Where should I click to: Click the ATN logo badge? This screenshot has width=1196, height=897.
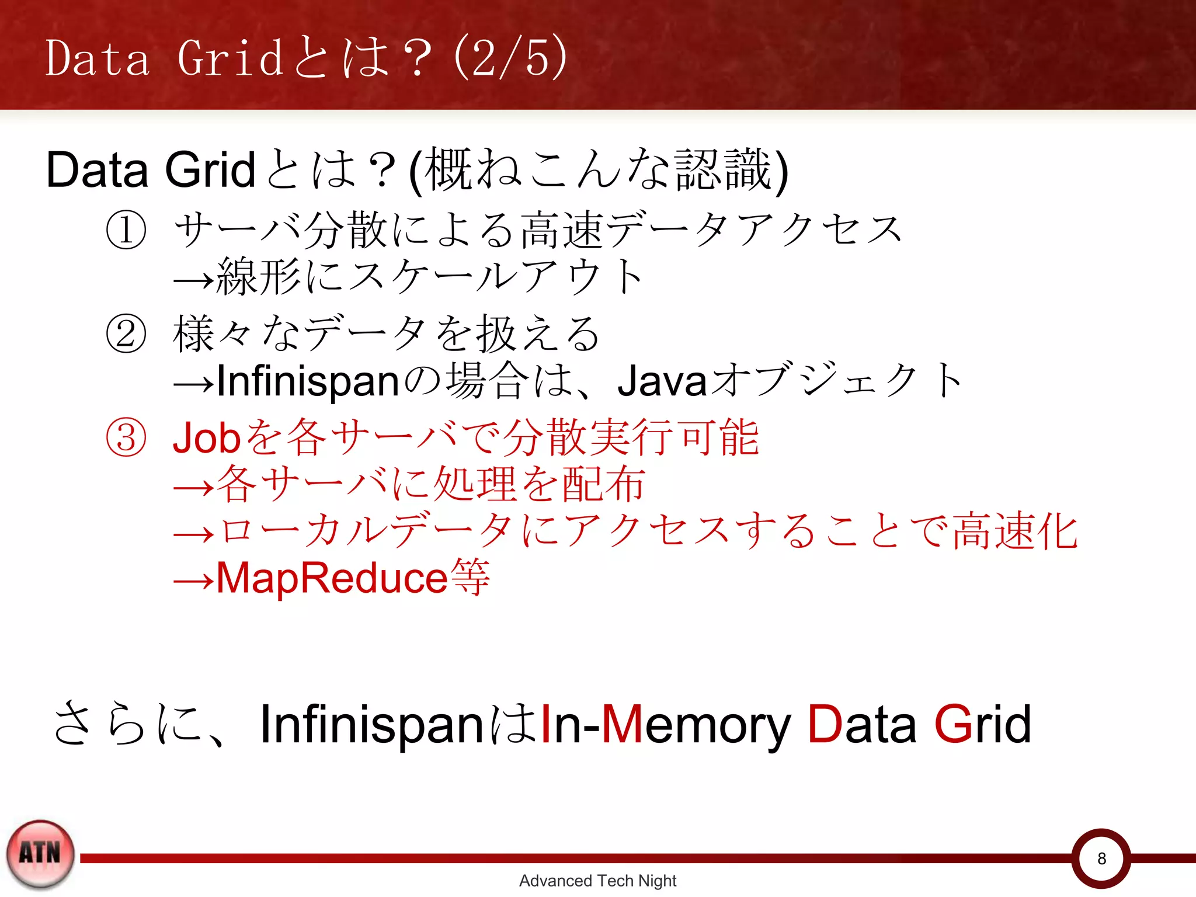pyautogui.click(x=40, y=854)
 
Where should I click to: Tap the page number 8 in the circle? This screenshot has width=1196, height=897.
pyautogui.click(x=1101, y=858)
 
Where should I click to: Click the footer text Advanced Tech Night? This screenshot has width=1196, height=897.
pyautogui.click(x=597, y=881)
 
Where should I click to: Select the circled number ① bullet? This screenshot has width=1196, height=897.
pyautogui.click(x=126, y=230)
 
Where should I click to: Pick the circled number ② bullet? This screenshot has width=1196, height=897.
pyautogui.click(x=126, y=334)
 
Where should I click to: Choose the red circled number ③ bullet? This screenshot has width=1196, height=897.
pyautogui.click(x=126, y=438)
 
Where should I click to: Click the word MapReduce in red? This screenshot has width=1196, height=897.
pyautogui.click(x=332, y=578)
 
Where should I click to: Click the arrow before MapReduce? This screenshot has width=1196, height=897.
pyautogui.click(x=193, y=582)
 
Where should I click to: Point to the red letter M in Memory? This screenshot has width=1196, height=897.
pyautogui.click(x=622, y=724)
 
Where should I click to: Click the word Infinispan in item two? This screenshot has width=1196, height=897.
pyautogui.click(x=308, y=381)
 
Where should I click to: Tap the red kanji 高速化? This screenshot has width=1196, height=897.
pyautogui.click(x=1015, y=531)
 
